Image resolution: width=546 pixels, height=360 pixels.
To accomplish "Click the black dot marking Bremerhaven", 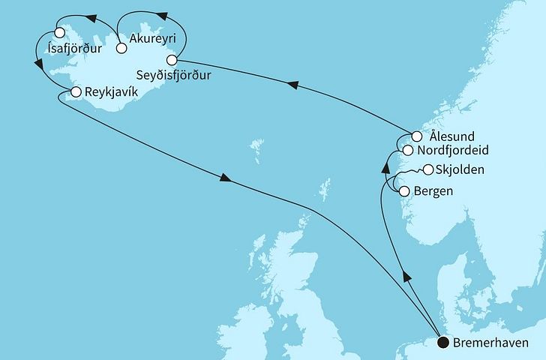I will [443, 343].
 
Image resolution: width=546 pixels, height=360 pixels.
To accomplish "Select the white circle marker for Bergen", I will [404, 191].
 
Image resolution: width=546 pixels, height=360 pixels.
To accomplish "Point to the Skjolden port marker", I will [428, 169].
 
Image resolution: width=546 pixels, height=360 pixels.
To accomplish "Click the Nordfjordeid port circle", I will [407, 151].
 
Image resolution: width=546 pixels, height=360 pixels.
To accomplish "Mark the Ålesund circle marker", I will [417, 137].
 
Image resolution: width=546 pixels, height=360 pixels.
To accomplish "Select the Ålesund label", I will [452, 136].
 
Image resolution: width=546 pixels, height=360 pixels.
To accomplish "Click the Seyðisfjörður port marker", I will [172, 59].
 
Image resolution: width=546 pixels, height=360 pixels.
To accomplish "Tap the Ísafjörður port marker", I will [59, 32].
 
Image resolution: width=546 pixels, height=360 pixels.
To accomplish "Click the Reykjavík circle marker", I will [75, 91].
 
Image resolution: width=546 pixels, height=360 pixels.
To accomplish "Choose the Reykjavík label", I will [110, 91].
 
